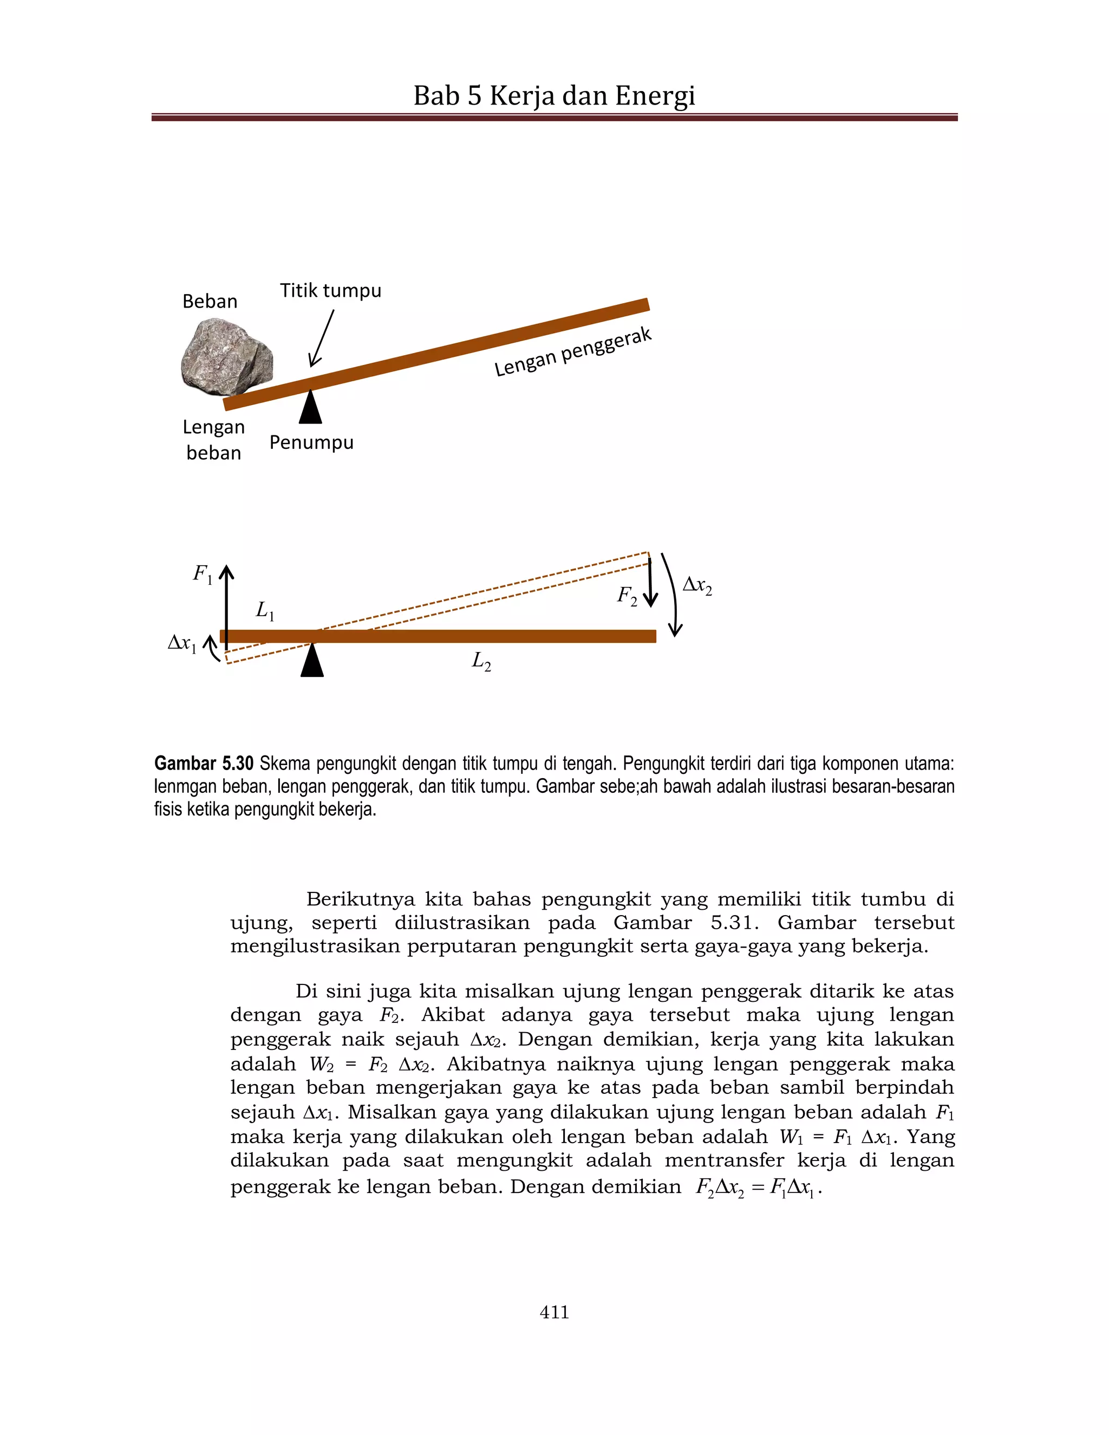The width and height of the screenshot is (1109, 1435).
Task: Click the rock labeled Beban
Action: tap(227, 356)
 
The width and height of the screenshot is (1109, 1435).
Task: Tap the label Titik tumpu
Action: tap(330, 290)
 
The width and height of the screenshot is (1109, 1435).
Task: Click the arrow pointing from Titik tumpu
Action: tap(323, 338)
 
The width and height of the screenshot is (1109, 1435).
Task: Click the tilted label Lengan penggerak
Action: tap(572, 353)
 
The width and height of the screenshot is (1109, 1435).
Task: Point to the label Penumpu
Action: tap(311, 442)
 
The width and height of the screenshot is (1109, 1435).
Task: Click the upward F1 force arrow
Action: tap(226, 601)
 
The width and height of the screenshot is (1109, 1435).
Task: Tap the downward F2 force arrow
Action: tap(650, 582)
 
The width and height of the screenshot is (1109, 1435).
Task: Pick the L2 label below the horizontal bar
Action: tap(481, 661)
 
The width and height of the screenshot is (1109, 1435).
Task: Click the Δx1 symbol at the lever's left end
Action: tap(182, 643)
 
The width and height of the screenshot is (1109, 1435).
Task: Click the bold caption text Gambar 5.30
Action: tap(204, 764)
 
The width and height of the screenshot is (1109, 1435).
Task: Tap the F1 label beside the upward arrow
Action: tap(203, 574)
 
